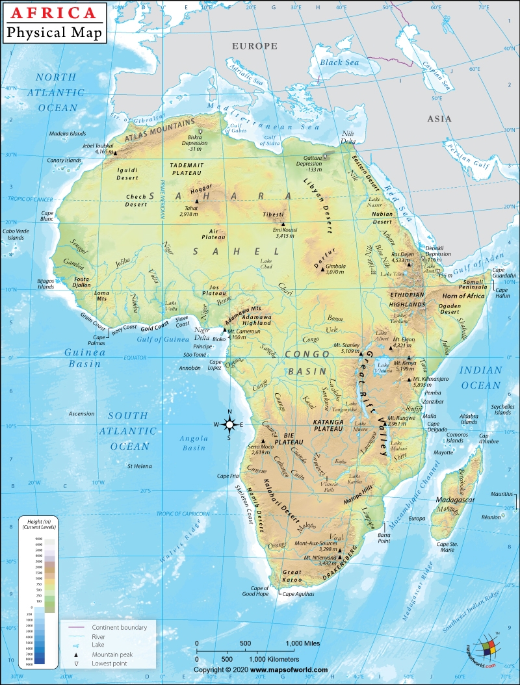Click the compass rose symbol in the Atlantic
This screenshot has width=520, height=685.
coord(229,425)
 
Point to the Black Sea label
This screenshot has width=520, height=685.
coord(339,62)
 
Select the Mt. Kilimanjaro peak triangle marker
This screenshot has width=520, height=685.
coord(409,380)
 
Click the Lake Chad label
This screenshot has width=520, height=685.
coord(266,264)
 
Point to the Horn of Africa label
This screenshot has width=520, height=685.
coord(464,296)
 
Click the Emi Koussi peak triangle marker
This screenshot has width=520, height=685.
coord(283,224)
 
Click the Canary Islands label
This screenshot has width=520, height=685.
coord(64,160)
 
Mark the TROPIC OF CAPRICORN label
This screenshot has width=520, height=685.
coord(183,513)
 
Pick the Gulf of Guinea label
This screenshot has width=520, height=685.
coord(162,339)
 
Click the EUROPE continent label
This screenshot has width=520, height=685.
coord(255,46)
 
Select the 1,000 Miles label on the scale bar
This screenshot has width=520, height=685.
coord(304,643)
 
